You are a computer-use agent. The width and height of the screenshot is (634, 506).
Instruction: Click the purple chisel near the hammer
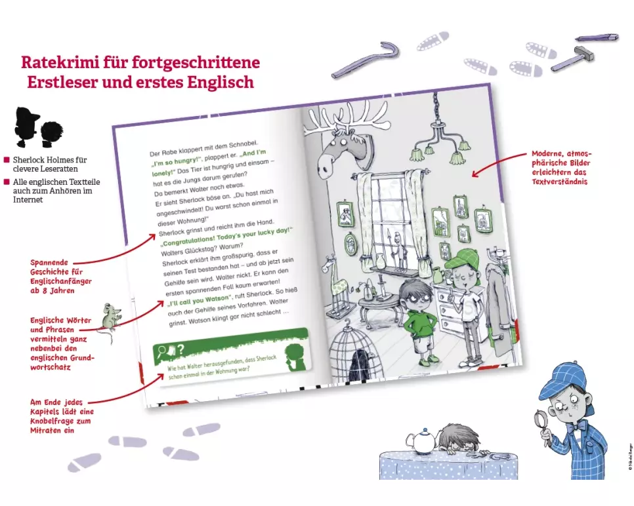[597, 37]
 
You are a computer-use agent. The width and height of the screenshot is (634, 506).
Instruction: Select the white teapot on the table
[422, 440]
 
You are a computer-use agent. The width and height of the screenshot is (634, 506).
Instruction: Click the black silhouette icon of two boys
[39, 128]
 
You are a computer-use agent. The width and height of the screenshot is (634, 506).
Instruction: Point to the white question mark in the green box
[180, 349]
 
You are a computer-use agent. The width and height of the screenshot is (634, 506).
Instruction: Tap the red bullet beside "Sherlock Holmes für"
[7, 160]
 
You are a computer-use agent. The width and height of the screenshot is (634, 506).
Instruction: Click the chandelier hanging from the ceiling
[438, 134]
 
